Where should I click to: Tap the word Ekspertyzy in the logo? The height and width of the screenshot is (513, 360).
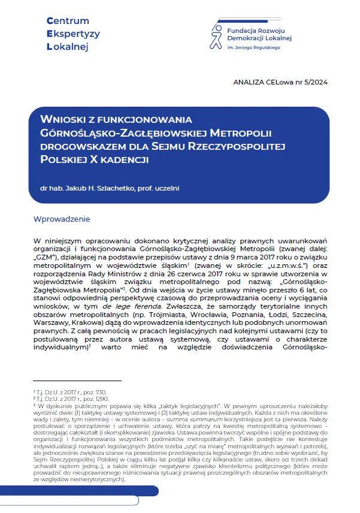pos(73,34)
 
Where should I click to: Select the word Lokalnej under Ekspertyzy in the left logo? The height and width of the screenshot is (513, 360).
pos(66,46)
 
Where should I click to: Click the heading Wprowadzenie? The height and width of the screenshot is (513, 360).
pos(62,219)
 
